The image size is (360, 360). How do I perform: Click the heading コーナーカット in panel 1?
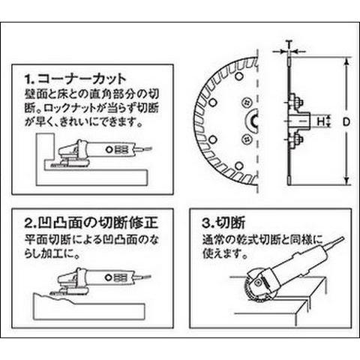pyautogui.click(x=82, y=79)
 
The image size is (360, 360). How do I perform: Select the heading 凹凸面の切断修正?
pyautogui.click(x=98, y=223)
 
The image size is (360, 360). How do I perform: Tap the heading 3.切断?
pyautogui.click(x=223, y=223)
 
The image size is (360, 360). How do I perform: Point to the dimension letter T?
pyautogui.click(x=289, y=44)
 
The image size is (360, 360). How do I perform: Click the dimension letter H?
pyautogui.click(x=320, y=121)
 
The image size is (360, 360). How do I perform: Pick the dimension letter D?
pyautogui.click(x=346, y=122)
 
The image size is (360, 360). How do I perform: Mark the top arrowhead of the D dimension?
pyautogui.click(x=346, y=61)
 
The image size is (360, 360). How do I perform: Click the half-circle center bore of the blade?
pyautogui.click(x=252, y=121)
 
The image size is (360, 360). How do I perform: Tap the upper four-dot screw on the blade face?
pyautogui.click(x=246, y=103)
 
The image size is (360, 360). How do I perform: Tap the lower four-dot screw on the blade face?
pyautogui.click(x=246, y=139)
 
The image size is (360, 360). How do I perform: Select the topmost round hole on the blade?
pyautogui.click(x=238, y=76)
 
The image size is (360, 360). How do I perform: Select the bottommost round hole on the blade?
pyautogui.click(x=239, y=166)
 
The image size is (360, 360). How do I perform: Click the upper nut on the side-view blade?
pyautogui.click(x=297, y=103)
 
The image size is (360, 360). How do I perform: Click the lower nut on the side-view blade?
pyautogui.click(x=297, y=140)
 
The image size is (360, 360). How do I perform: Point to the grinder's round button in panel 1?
pyautogui.click(x=109, y=150)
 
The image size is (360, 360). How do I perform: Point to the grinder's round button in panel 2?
pyautogui.click(x=109, y=277)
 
